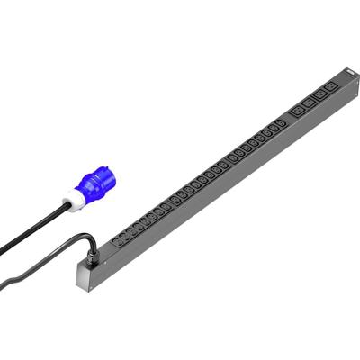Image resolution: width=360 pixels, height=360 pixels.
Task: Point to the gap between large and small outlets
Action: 289,116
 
